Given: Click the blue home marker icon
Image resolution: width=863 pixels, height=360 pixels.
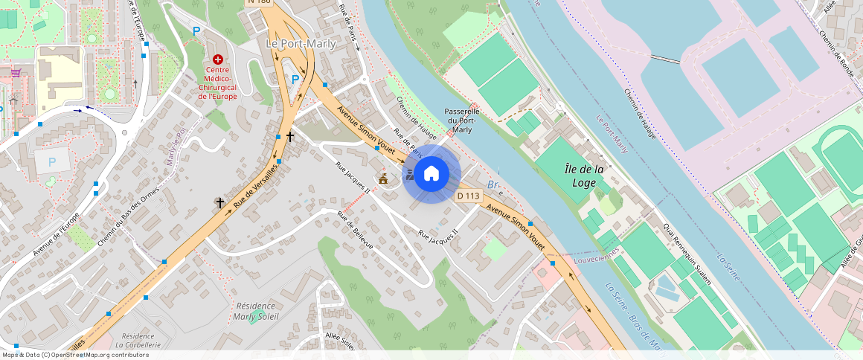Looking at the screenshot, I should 431,174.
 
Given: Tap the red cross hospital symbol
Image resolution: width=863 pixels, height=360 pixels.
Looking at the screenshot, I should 218,59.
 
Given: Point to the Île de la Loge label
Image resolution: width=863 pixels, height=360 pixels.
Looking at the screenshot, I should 584,176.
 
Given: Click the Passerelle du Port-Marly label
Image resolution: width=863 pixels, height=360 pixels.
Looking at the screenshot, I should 462,120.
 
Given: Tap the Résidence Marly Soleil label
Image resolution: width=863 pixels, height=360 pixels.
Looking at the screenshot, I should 255,311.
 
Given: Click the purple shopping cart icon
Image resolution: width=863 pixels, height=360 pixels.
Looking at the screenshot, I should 16,73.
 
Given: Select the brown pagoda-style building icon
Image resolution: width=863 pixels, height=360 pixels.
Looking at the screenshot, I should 384,179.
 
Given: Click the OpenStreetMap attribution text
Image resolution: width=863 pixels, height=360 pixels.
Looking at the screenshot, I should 76,355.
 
